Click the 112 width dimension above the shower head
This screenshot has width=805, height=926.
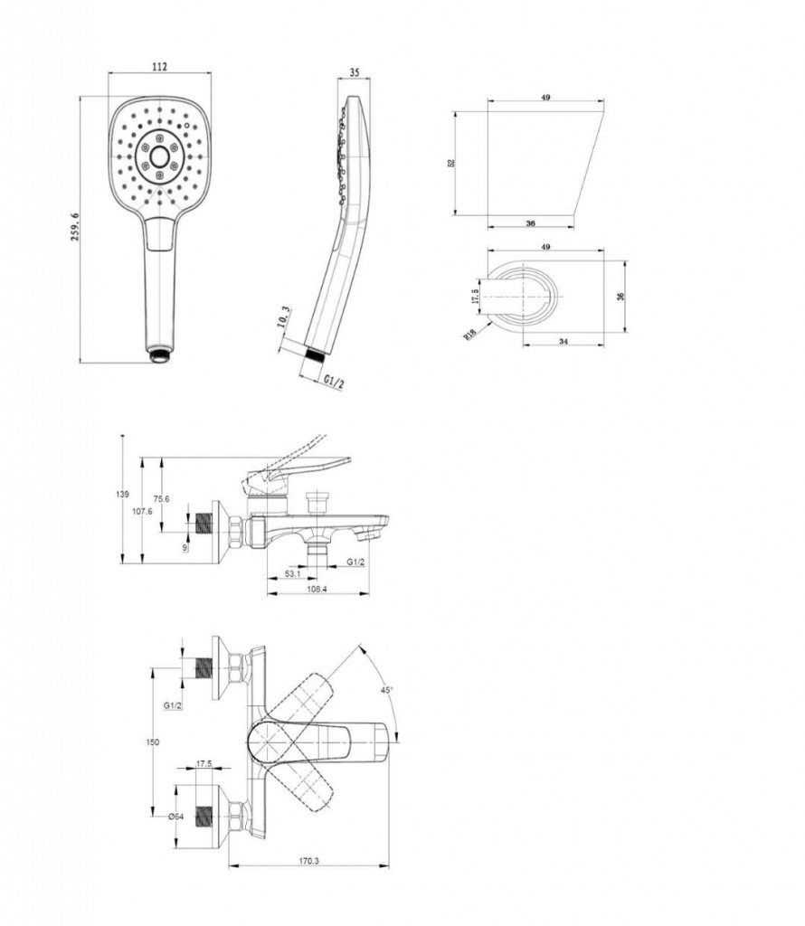tap(160, 67)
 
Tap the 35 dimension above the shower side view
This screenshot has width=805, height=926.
tap(355, 72)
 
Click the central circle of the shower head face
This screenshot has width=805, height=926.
tap(159, 156)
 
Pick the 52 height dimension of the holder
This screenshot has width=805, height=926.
tap(451, 162)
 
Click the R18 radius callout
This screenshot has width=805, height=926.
tap(470, 335)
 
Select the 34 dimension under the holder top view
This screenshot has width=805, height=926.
tap(563, 341)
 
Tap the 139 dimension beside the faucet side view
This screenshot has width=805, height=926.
tap(122, 495)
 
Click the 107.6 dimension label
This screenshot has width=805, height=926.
tap(142, 512)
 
